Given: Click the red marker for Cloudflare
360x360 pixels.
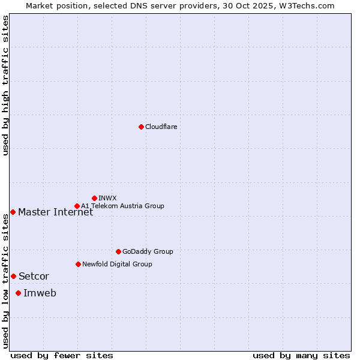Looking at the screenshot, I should pos(141,127).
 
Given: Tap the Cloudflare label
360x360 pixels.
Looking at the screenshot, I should pos(161,127).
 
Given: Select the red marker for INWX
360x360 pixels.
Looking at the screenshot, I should pos(95,198).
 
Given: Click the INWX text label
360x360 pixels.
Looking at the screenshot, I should pos(108,198).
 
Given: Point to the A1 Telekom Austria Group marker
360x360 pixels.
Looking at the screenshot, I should pos(77,206).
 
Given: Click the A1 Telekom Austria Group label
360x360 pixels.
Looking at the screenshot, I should pos(122,206).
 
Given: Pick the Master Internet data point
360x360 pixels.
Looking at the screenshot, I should pos(13,212).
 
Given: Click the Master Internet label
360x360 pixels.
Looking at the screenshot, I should pos(56,212).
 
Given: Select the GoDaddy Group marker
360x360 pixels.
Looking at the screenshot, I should pos(118,251).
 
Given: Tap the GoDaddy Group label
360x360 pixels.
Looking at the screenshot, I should pos(148,251).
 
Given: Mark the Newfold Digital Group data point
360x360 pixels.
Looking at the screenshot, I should pos(79,264).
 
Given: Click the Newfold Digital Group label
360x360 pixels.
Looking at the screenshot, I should pos(117,264).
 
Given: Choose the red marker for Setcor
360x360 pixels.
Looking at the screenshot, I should pos(13,276).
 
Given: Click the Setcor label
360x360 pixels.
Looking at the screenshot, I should pos(34,277).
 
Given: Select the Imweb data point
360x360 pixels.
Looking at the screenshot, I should pos(19,293).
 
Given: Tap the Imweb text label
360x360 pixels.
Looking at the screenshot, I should pos(40,293).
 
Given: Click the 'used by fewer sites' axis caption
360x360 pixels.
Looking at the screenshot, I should pos(62,355).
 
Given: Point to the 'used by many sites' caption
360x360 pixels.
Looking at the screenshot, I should pos(301,355).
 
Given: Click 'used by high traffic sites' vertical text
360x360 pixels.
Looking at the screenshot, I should pos(5,85).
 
